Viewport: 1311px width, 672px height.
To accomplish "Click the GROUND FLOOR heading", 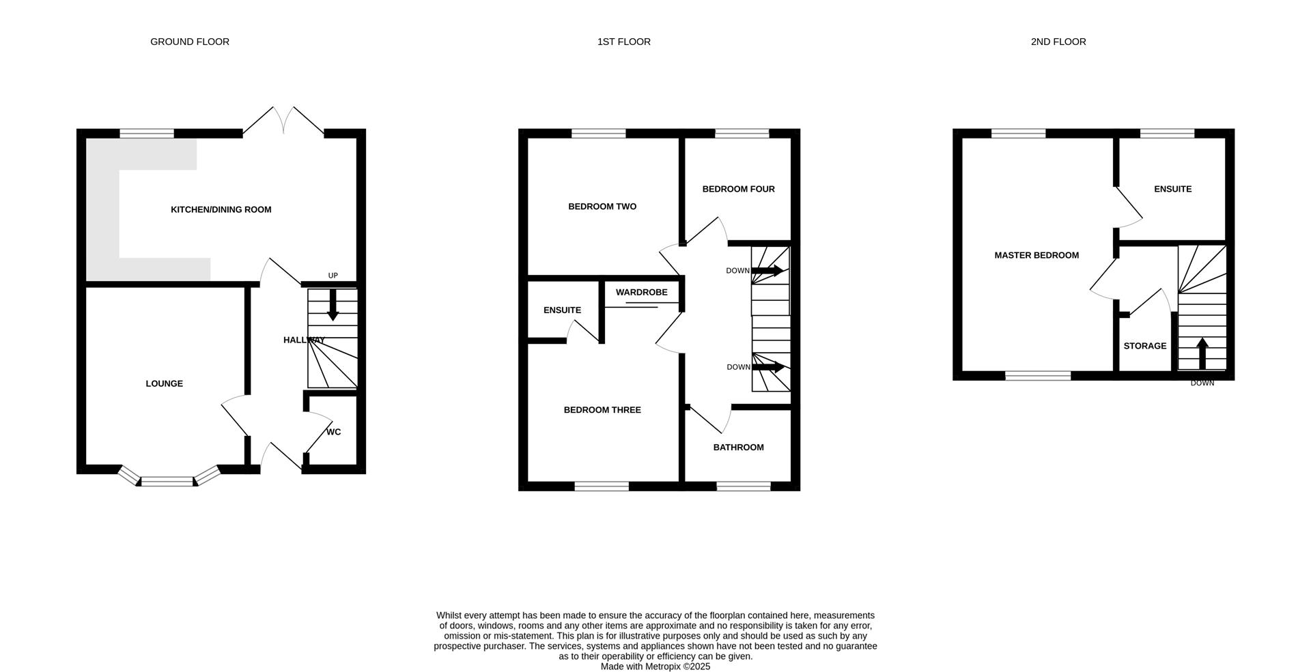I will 190,42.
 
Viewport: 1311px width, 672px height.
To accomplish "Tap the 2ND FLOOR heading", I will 1058,42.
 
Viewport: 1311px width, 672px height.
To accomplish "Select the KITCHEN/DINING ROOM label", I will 221,209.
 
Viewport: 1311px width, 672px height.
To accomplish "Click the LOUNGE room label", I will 165,383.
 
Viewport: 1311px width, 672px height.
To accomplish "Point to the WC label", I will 333,432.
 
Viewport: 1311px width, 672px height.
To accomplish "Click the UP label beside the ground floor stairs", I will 333,276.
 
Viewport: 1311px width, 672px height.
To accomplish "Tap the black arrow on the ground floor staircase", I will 333,305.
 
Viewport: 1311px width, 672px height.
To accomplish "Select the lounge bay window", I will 168,480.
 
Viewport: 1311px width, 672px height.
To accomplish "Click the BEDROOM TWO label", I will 602,206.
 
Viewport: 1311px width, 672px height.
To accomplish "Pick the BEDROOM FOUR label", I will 738,189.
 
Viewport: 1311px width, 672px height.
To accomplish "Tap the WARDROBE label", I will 641,292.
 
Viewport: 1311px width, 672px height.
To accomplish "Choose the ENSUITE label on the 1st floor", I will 562,310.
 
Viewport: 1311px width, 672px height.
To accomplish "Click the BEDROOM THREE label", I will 602,410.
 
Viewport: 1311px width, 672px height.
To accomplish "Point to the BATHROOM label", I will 738,448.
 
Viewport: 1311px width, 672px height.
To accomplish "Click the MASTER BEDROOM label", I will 1037,255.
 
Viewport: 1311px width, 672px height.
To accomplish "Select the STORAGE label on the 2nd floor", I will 1145,346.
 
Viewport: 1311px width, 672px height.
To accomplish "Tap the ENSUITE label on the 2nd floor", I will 1172,189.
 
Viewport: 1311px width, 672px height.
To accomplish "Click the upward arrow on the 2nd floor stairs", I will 1202,353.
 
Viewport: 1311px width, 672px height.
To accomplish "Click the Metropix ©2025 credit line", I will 655,667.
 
